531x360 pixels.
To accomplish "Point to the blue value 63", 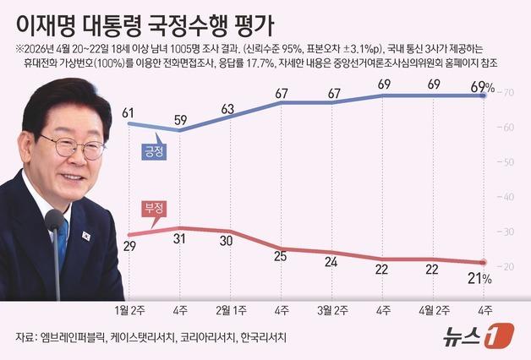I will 228,108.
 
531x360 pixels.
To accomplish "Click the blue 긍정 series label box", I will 153,151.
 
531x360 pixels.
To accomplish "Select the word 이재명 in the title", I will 41,19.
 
